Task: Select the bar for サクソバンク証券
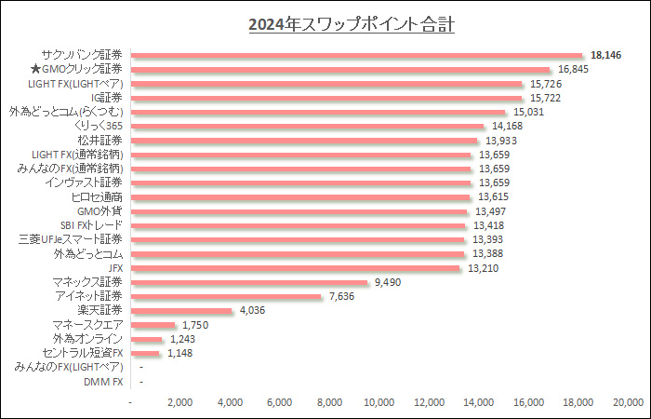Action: pos(357,55)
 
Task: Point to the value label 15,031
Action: pos(529,112)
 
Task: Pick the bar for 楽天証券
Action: pos(182,311)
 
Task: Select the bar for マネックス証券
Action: pos(250,282)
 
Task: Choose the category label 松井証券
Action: pos(102,141)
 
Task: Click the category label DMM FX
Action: pos(103,382)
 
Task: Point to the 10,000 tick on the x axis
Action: pos(379,402)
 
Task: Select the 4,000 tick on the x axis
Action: pos(231,402)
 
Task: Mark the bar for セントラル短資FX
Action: pos(147,354)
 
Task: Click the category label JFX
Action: pos(115,268)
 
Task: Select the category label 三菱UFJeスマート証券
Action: pos(71,239)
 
